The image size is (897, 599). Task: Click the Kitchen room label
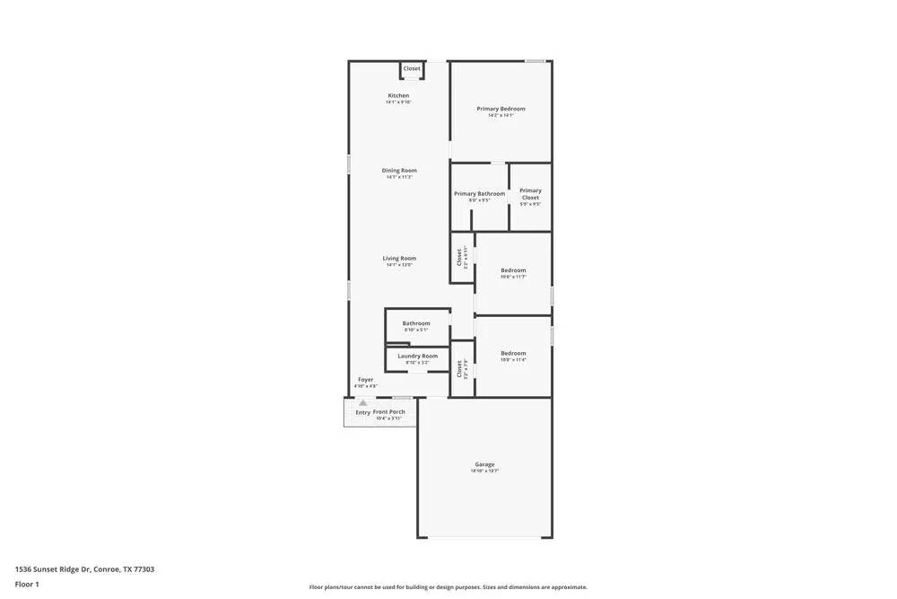click(398, 95)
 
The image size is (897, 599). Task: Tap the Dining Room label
click(399, 171)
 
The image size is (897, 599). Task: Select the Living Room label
click(399, 259)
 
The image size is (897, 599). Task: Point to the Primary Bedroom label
click(501, 109)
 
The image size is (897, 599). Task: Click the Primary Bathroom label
click(479, 194)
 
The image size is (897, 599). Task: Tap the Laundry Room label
click(417, 356)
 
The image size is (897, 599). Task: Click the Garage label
click(484, 464)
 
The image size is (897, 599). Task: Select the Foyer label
click(366, 380)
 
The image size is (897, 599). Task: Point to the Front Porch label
click(389, 411)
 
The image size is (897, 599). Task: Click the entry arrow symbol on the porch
click(362, 404)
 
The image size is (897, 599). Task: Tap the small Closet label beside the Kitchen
click(412, 69)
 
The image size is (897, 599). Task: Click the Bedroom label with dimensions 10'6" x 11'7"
click(513, 270)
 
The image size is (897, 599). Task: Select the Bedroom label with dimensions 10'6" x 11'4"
click(513, 353)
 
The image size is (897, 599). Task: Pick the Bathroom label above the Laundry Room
click(416, 323)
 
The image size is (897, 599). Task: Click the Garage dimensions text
click(484, 471)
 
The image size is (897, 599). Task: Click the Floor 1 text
click(27, 584)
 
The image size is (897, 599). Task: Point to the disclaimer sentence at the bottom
click(448, 587)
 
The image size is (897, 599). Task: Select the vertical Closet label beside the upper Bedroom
click(459, 257)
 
